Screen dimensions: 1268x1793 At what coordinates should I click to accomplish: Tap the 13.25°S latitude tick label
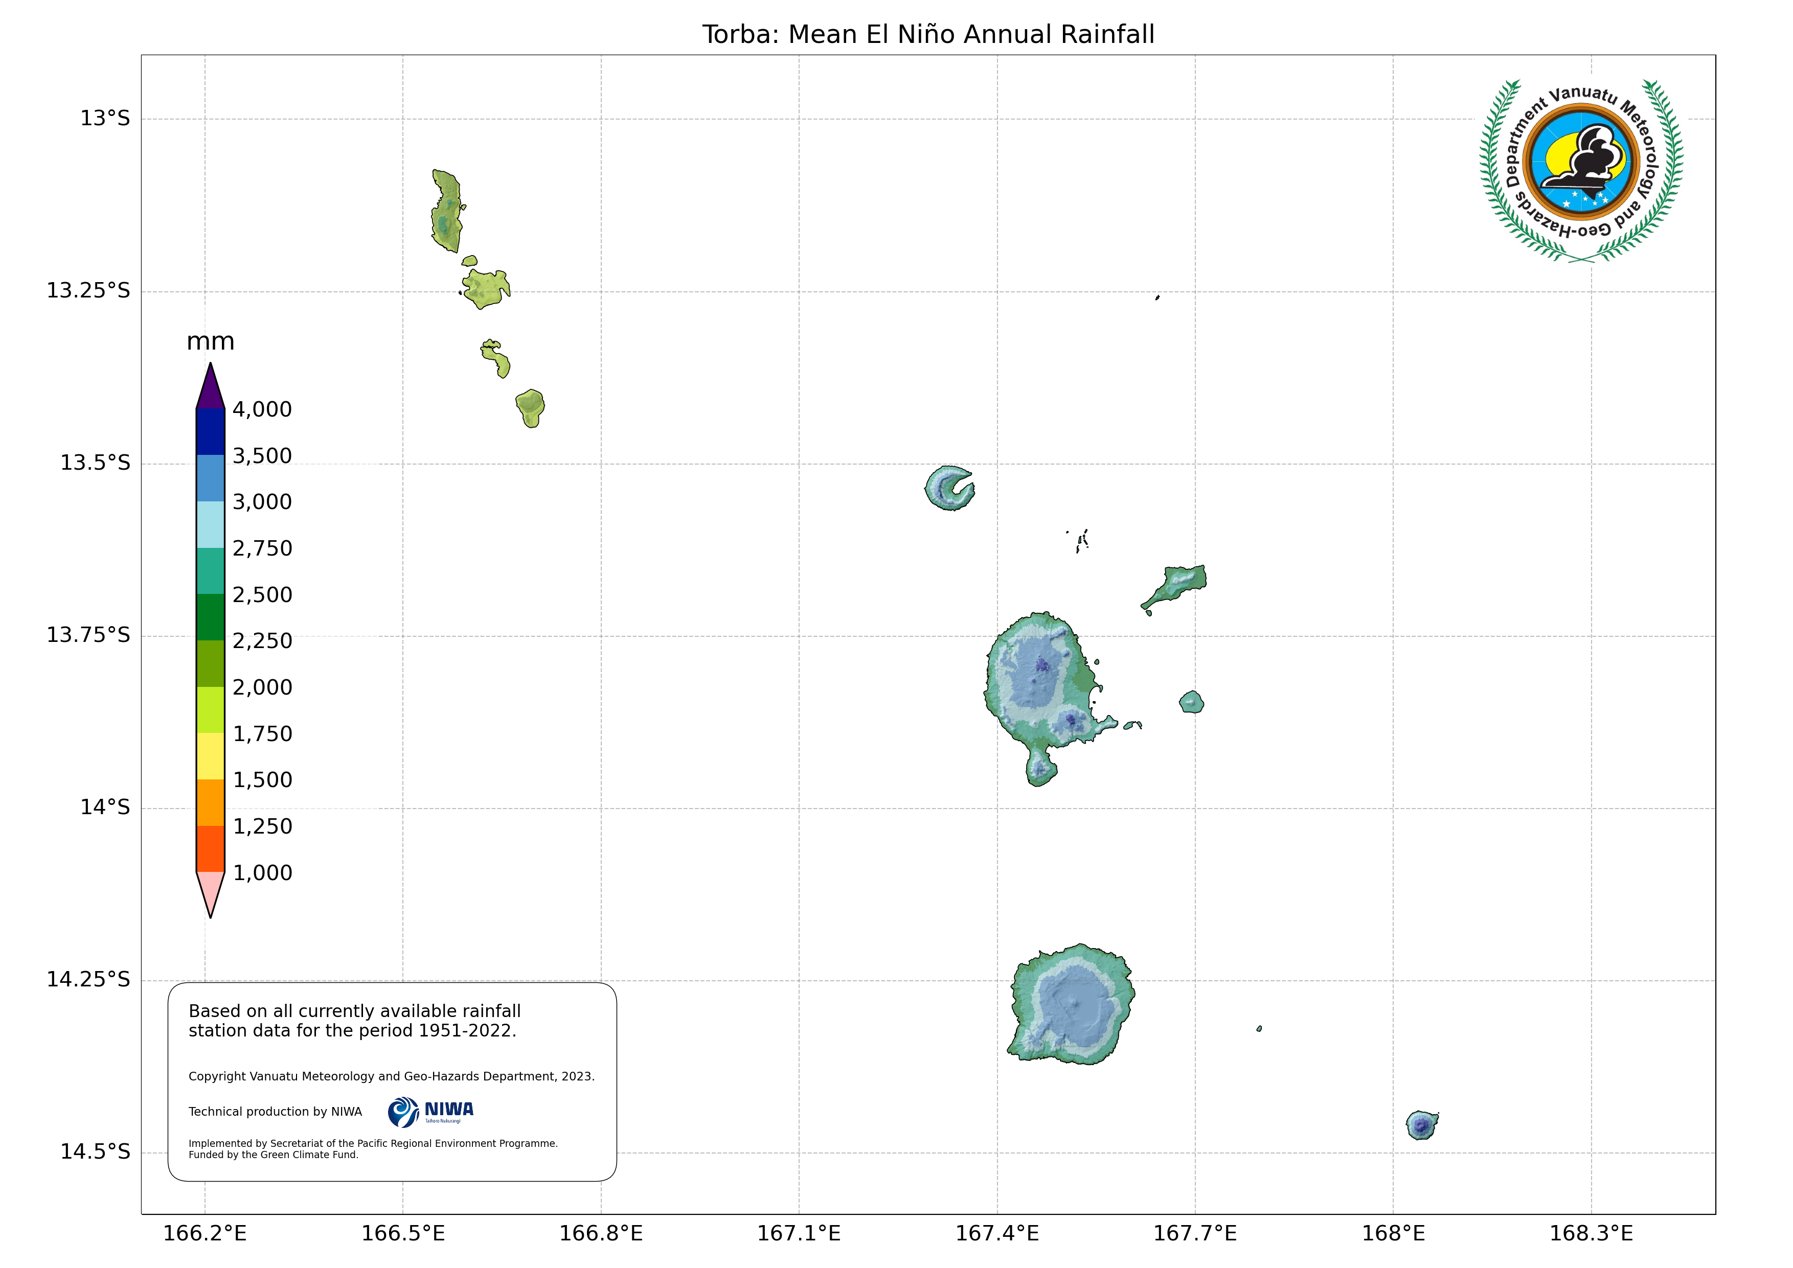pyautogui.click(x=88, y=291)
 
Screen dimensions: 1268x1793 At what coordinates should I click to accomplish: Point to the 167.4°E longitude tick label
pyautogui.click(x=997, y=1234)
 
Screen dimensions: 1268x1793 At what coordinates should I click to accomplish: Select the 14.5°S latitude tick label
pyautogui.click(x=95, y=1152)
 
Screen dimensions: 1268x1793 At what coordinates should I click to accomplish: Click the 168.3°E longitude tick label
pyautogui.click(x=1591, y=1234)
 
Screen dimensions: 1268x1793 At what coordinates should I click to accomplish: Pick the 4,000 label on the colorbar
pyautogui.click(x=262, y=410)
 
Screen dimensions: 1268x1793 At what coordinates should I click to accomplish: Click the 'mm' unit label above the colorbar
pyautogui.click(x=210, y=342)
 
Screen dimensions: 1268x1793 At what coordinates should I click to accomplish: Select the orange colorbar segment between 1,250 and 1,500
pyautogui.click(x=211, y=802)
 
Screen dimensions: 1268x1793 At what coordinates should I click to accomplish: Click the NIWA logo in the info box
pyautogui.click(x=431, y=1112)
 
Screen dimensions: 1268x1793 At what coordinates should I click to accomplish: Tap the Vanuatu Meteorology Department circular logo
pyautogui.click(x=1581, y=170)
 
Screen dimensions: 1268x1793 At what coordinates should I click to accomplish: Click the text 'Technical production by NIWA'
pyautogui.click(x=275, y=1112)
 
